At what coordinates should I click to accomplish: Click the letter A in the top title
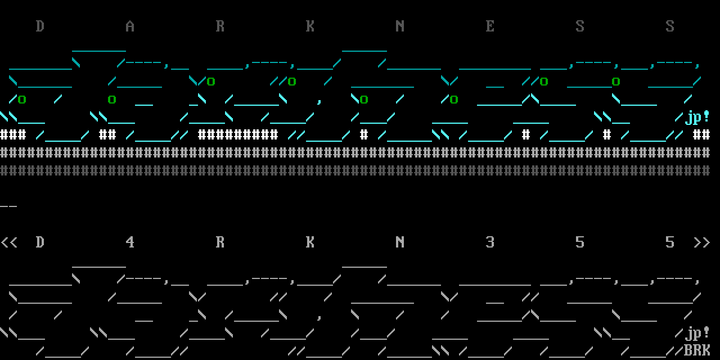tap(130, 26)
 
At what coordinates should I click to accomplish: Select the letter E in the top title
tap(490, 26)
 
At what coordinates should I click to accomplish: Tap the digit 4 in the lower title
tap(130, 242)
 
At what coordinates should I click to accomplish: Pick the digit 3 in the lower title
tap(490, 242)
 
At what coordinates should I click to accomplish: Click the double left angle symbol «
tap(9, 242)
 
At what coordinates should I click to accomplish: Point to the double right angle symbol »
tap(701, 242)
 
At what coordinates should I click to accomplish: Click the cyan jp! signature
tap(697, 117)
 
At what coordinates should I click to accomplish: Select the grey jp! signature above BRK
tap(697, 333)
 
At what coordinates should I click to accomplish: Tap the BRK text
tap(697, 350)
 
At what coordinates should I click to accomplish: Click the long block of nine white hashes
tap(238, 135)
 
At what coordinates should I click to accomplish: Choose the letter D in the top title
tap(40, 26)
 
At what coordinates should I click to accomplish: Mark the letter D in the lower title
tap(40, 242)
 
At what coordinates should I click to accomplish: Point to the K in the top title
tap(310, 26)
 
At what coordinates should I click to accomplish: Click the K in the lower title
tap(310, 242)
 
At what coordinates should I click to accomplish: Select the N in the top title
tap(400, 26)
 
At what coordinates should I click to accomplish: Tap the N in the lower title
tap(400, 242)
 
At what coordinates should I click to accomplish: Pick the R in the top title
tap(220, 26)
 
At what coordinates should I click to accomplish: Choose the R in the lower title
tap(220, 242)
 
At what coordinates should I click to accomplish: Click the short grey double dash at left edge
tap(9, 206)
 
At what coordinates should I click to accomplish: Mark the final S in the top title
tap(670, 26)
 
